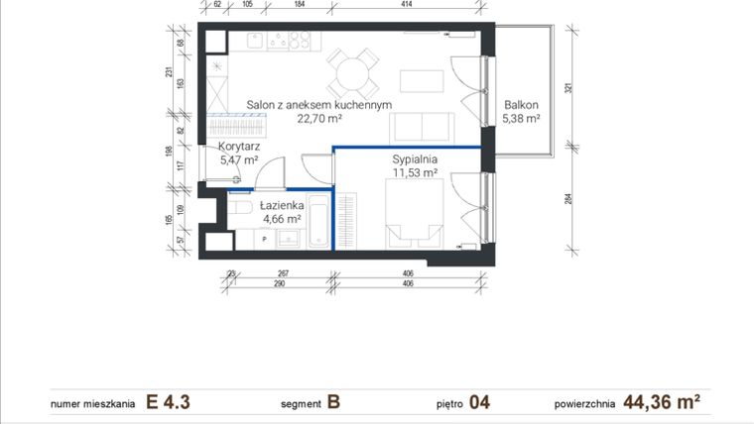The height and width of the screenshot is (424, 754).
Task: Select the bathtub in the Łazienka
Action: (318, 222)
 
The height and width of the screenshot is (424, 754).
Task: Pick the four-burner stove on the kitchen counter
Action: (292, 41)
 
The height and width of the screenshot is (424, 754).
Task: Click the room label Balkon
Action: (521, 104)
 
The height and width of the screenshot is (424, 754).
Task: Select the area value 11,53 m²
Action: (416, 172)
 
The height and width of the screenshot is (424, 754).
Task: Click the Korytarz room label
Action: (238, 145)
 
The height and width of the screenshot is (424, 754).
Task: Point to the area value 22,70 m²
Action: (319, 118)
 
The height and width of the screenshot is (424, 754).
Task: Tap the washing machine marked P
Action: (265, 239)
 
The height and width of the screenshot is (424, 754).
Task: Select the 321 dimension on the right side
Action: (569, 88)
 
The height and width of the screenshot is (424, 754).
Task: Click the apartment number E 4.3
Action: (168, 402)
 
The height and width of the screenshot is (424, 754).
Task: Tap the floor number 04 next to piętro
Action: (480, 402)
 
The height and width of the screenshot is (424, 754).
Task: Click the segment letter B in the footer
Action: (333, 402)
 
